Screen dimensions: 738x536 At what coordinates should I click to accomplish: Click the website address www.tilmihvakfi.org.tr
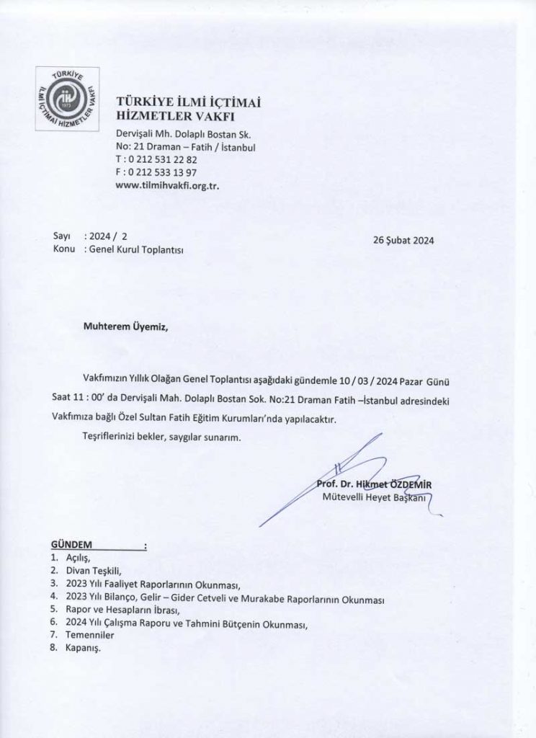coord(167,184)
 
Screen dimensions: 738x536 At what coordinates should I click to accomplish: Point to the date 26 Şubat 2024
coord(405,241)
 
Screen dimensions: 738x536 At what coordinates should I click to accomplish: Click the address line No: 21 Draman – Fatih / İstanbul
coord(186,148)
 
